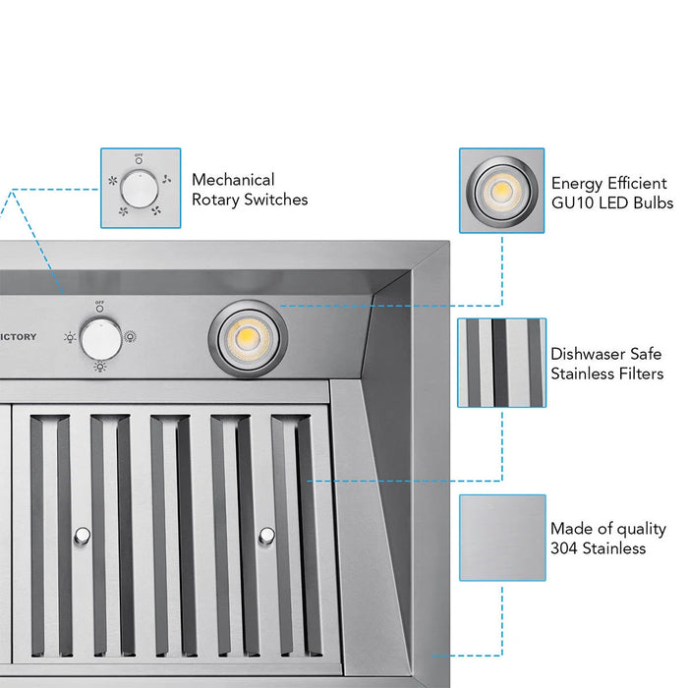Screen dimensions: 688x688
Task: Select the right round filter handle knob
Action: point(266,536)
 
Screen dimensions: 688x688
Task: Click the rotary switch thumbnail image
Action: point(141,188)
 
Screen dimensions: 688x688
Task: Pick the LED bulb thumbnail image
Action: point(502,191)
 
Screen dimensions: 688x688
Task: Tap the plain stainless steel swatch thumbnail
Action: point(501,539)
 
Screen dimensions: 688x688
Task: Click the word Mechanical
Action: point(233,180)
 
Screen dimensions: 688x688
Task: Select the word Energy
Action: point(578,183)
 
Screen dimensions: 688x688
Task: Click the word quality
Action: point(640,529)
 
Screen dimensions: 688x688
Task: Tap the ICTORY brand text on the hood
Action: point(18,337)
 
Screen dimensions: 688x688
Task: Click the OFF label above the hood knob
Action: point(99,302)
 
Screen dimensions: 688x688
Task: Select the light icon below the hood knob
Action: point(99,367)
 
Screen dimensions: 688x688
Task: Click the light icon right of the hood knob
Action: point(130,337)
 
